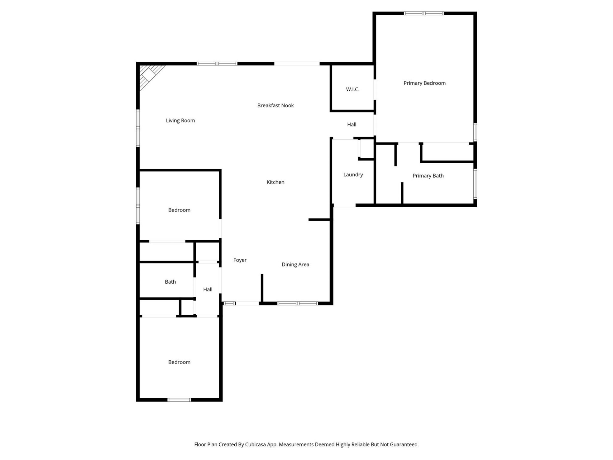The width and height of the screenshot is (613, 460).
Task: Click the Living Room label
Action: (180, 120)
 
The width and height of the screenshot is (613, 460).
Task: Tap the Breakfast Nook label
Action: (275, 105)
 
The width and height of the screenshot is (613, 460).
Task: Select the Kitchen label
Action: (275, 182)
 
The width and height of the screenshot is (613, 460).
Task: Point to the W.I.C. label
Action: (352, 89)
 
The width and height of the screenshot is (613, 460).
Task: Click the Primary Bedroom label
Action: (424, 83)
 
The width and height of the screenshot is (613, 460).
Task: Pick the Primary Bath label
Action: (428, 176)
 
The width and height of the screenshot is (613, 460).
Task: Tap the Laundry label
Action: (353, 175)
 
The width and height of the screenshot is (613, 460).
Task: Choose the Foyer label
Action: (240, 260)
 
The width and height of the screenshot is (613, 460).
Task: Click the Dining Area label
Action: (295, 264)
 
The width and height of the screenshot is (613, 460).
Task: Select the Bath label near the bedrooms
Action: (170, 282)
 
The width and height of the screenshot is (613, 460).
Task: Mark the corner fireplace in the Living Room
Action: (149, 75)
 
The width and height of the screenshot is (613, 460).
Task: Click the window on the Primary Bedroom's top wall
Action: (423, 13)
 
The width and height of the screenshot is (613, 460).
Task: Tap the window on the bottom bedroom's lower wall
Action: (179, 400)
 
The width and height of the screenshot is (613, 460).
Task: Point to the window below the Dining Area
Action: (297, 303)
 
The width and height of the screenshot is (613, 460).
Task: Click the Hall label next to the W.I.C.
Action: (352, 125)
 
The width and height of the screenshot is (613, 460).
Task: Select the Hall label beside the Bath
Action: (208, 289)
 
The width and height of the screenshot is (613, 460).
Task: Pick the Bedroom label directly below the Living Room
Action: (179, 210)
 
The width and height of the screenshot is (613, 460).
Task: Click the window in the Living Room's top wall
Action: (217, 64)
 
